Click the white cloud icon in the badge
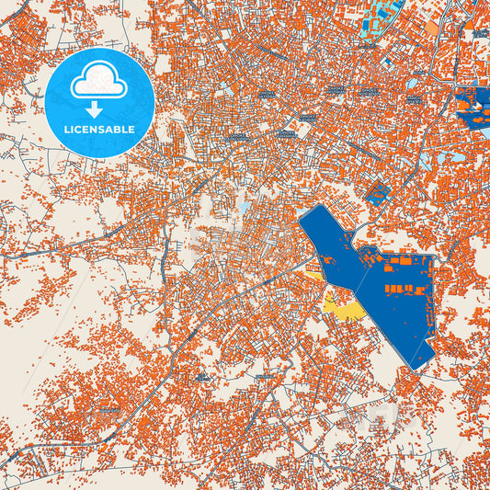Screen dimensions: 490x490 point(99,81)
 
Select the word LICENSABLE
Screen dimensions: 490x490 point(99,129)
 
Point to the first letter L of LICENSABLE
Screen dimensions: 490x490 point(67,129)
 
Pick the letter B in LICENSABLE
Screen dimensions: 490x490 point(116,129)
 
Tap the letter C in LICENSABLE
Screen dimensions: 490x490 point(80,129)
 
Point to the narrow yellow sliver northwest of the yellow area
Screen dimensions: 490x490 point(313,273)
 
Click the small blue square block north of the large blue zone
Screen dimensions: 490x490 point(377,192)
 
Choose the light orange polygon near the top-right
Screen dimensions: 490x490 point(431,28)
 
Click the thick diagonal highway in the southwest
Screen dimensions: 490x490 point(138,405)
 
